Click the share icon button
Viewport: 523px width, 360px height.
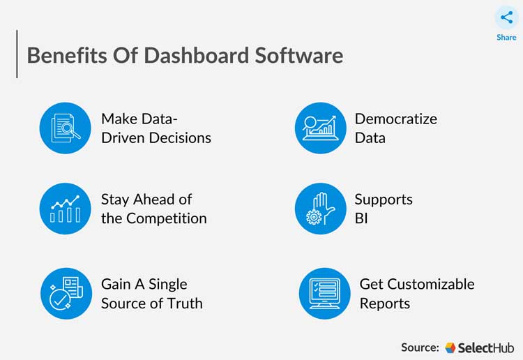click(x=506, y=17)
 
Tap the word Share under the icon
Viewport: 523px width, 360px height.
click(x=506, y=37)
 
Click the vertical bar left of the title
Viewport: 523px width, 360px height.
click(x=17, y=54)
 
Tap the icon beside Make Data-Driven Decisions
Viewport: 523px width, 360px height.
click(x=66, y=128)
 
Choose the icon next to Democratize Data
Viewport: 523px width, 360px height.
click(x=321, y=128)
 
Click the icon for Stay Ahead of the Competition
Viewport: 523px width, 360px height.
click(x=66, y=209)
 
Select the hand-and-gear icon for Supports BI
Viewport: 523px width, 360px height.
click(x=321, y=209)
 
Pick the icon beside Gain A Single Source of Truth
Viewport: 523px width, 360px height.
click(x=66, y=293)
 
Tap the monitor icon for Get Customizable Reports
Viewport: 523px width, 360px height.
click(x=325, y=293)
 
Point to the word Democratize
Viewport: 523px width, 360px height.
click(x=396, y=119)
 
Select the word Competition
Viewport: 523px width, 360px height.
click(x=166, y=218)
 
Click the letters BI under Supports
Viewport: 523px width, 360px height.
click(x=361, y=218)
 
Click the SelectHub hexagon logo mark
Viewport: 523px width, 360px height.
click(x=450, y=347)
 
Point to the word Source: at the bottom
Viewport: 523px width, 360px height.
click(x=420, y=347)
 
